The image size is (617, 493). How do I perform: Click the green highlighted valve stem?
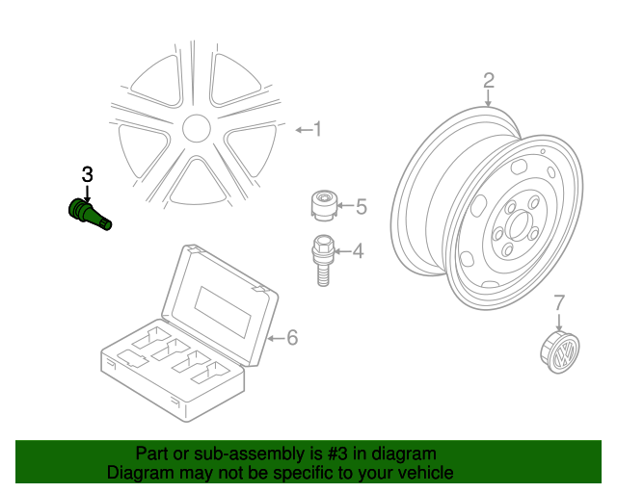click(90, 215)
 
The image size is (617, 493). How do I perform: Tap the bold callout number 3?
click(87, 174)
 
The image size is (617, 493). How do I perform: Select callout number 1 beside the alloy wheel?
click(317, 129)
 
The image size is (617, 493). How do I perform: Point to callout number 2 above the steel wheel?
click(489, 80)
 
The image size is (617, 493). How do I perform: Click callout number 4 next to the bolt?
click(358, 250)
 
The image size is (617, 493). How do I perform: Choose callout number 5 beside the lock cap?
click(362, 207)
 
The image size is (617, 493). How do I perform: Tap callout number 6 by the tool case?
click(292, 338)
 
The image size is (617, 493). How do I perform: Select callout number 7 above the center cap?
click(559, 302)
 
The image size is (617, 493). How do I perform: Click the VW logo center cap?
click(560, 352)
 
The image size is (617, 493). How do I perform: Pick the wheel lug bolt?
click(323, 260)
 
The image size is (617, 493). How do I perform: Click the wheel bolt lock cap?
click(324, 205)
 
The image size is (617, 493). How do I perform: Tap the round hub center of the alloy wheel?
click(197, 128)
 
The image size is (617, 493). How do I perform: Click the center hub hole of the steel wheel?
click(520, 225)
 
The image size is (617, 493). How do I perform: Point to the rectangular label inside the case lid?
click(223, 312)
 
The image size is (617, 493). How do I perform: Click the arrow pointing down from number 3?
click(87, 194)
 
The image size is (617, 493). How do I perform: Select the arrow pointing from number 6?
click(276, 338)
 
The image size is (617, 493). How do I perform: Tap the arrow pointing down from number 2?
click(488, 98)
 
